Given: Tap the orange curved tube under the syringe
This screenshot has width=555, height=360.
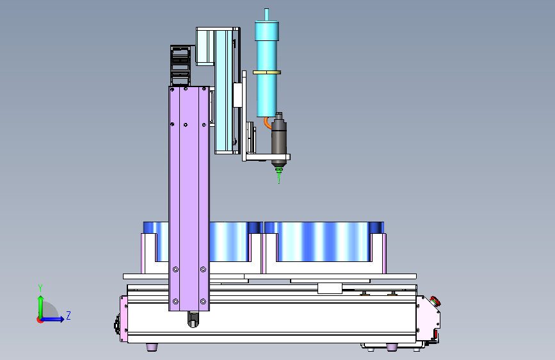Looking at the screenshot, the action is [x=267, y=123].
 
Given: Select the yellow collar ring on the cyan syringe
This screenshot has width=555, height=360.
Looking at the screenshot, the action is [x=267, y=72].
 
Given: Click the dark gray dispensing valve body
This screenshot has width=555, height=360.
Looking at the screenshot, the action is [x=279, y=139].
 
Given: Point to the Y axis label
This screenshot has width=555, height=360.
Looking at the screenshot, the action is [x=40, y=288].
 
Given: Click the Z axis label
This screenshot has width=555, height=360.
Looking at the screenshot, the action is [x=68, y=315].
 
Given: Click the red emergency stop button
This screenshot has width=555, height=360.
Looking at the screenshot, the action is [x=435, y=302].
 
